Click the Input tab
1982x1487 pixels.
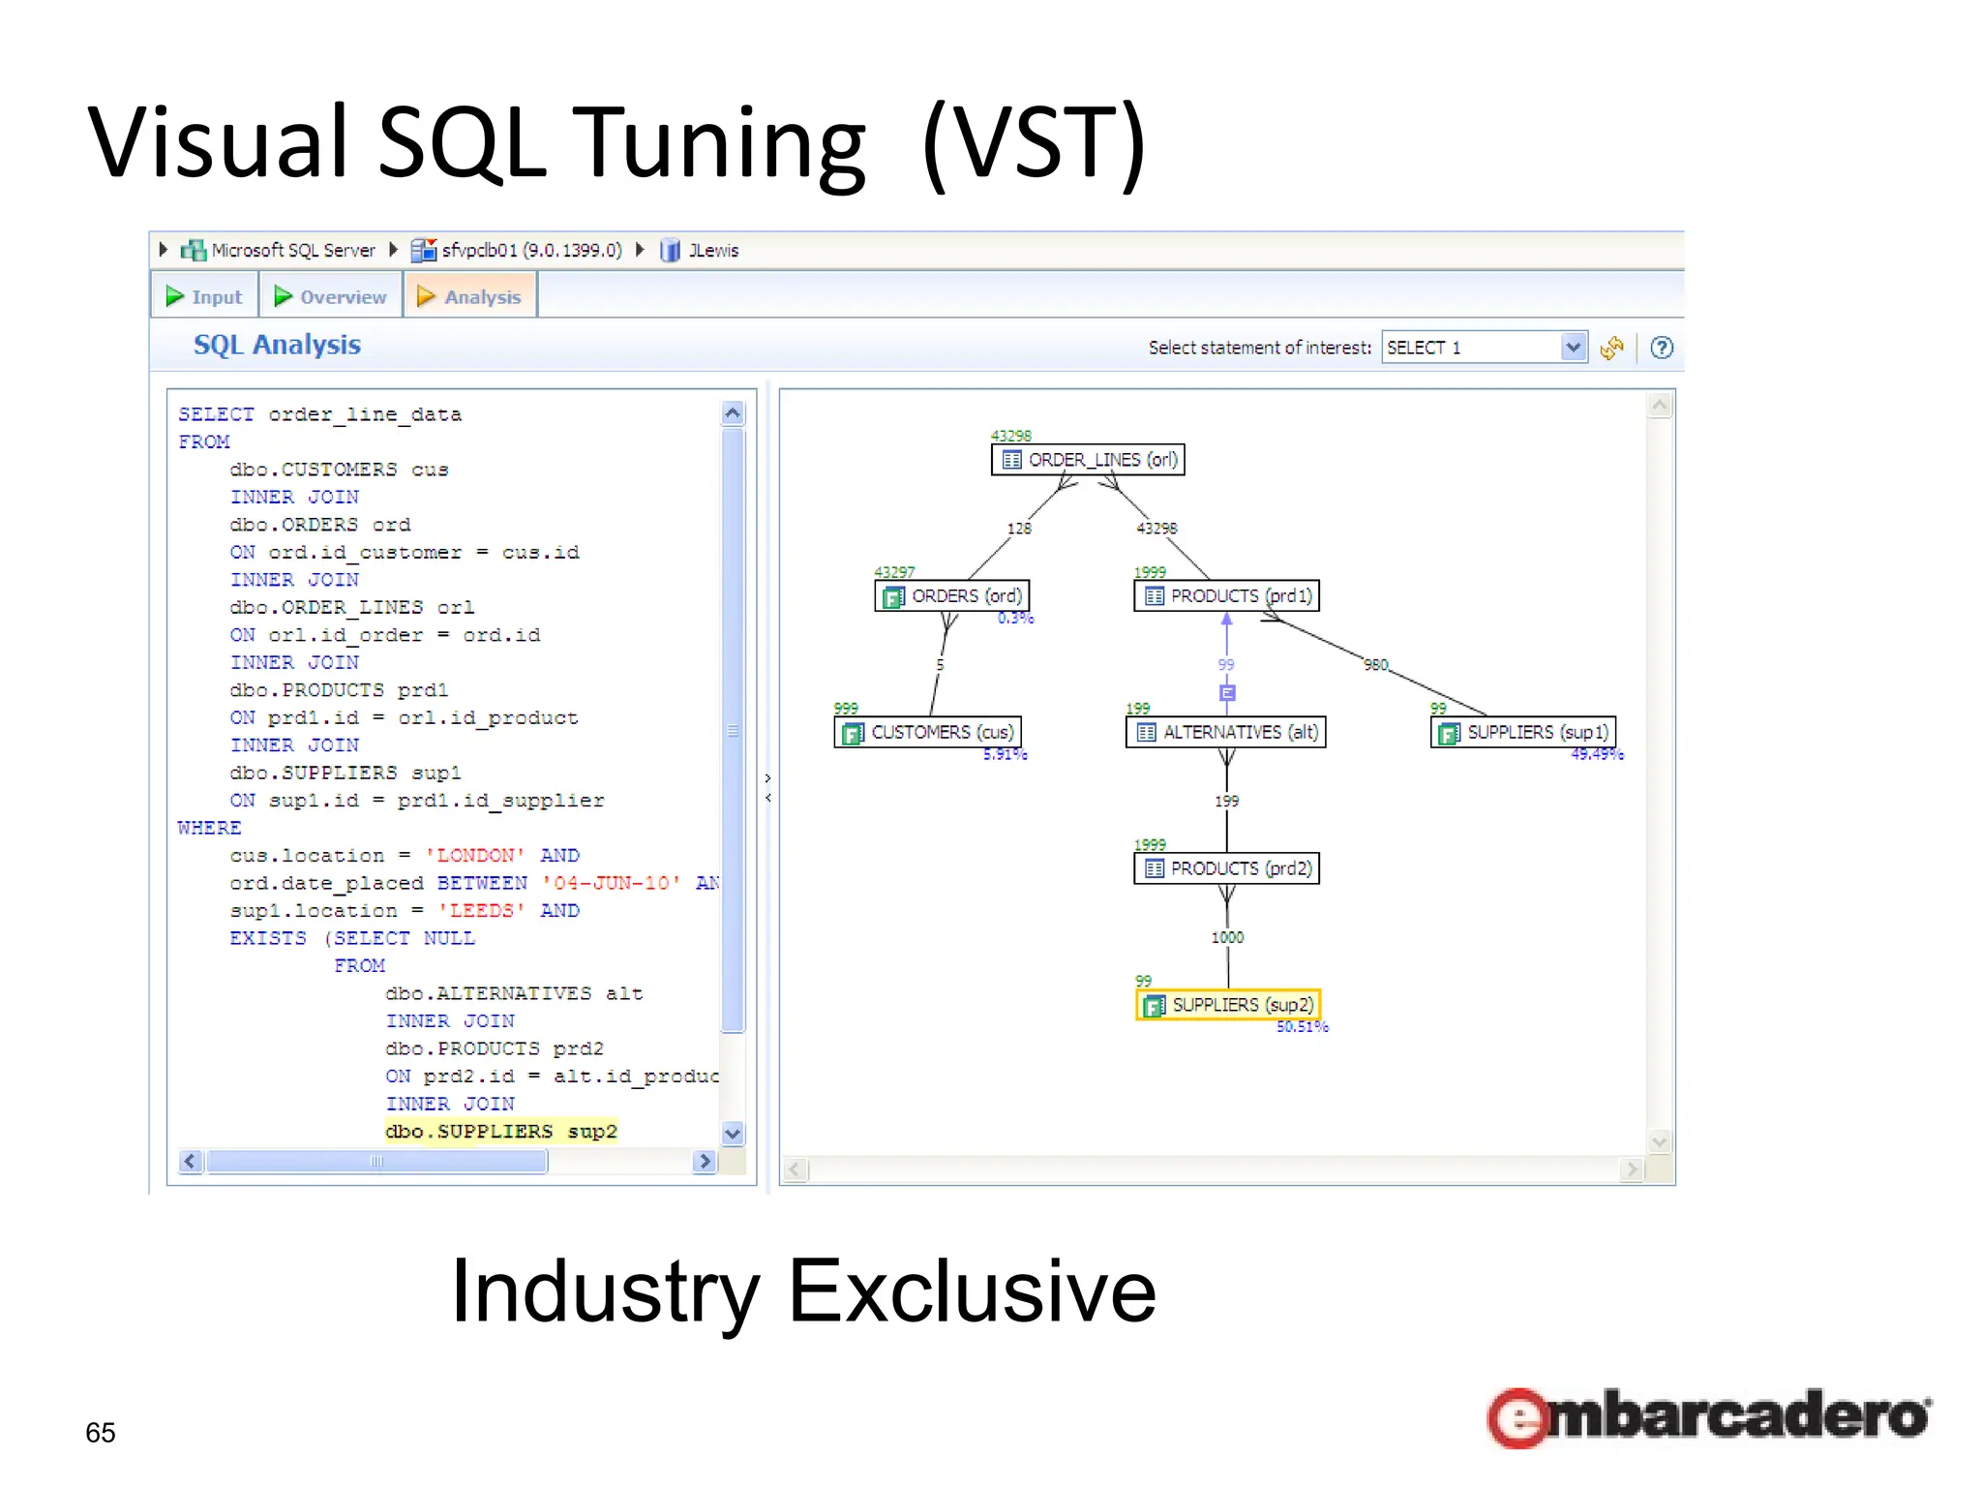[x=204, y=297]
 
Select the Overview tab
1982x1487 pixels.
[x=331, y=297]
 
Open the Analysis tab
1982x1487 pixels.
[x=470, y=297]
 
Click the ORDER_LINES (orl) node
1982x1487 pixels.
[x=1089, y=460]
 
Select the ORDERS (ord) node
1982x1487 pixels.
[x=952, y=596]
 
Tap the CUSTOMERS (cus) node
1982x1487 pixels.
[x=929, y=733]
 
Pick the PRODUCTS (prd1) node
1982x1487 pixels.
[x=1227, y=596]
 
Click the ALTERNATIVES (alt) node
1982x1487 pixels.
[x=1226, y=733]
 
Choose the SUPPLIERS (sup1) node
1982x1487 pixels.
[x=1524, y=733]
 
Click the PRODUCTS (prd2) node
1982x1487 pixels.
[x=1227, y=869]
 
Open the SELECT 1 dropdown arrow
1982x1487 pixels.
[x=1574, y=347]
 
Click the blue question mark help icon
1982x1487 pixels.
[x=1662, y=348]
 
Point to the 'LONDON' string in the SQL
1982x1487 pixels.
[x=475, y=856]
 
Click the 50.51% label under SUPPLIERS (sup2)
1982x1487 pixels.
[x=1303, y=1027]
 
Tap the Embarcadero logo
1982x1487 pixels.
[x=1708, y=1417]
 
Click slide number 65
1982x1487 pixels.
[x=101, y=1433]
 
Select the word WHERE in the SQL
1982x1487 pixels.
[x=209, y=829]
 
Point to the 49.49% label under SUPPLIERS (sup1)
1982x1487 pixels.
[x=1597, y=755]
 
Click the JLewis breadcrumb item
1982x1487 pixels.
[x=713, y=251]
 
